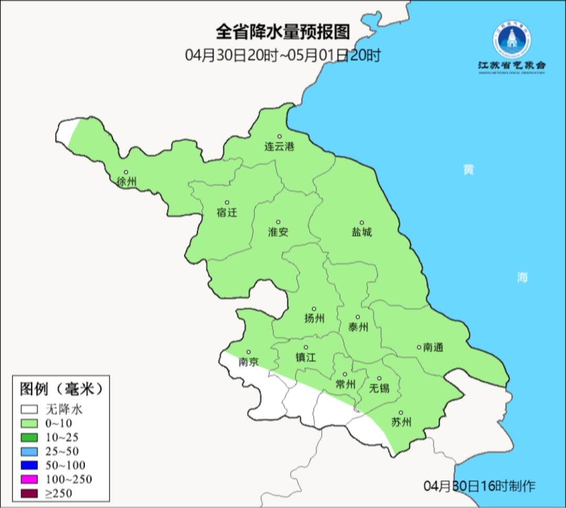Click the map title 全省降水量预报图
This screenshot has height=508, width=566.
tap(282, 32)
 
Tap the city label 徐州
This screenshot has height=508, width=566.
tap(126, 182)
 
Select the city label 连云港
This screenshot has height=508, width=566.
tap(279, 146)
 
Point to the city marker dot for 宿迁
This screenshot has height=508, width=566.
tap(227, 202)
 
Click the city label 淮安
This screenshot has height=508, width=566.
tap(278, 232)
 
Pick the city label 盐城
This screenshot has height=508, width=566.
tap(362, 232)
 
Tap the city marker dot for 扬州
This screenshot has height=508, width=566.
tap(314, 309)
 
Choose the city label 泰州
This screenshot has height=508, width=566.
tap(358, 327)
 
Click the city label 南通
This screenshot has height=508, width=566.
tap(433, 347)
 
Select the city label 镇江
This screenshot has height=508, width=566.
tap(306, 357)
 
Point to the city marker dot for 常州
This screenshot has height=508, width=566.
tap(345, 374)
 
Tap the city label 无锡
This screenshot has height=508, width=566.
tap(379, 388)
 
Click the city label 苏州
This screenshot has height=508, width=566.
tap(401, 422)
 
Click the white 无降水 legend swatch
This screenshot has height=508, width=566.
tap(29, 409)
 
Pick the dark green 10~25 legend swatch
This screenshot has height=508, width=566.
tap(29, 437)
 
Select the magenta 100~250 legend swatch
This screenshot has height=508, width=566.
tap(29, 479)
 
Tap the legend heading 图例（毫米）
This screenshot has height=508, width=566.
tap(61, 388)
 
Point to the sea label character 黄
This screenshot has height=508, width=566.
tap(468, 170)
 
